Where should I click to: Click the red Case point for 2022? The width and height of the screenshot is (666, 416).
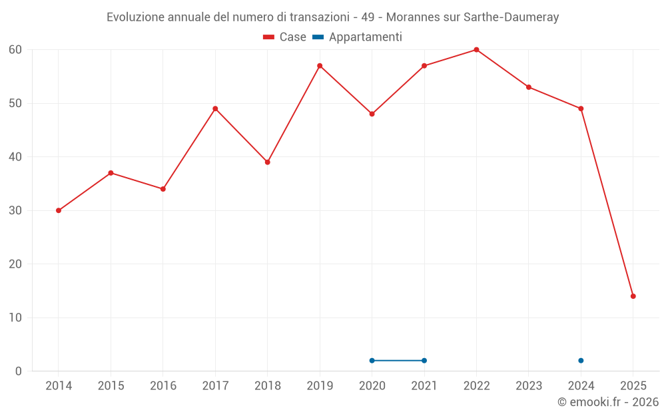point(476,50)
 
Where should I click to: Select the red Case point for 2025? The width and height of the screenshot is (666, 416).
point(633,296)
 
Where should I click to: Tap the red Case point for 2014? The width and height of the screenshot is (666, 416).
point(59,210)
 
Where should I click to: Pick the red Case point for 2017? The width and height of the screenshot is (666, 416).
point(215,108)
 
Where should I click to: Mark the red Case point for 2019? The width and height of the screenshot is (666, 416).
point(320,66)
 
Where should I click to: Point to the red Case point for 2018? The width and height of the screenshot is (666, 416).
point(268,162)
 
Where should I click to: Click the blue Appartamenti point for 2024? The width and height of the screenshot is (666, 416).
point(581,361)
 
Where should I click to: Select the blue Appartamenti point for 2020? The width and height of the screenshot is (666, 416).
point(372,361)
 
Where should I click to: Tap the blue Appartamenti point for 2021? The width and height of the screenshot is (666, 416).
point(424,361)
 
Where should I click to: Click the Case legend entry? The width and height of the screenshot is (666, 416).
point(285,37)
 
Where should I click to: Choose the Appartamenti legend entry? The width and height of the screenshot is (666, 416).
point(358,37)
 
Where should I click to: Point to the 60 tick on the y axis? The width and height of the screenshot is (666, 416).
point(15,50)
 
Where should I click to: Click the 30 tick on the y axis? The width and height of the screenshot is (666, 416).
point(15,210)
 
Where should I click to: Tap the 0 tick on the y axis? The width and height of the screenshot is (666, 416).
point(19,371)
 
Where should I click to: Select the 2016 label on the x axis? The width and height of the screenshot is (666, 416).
point(163,386)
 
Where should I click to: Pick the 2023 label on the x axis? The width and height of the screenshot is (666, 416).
point(529,386)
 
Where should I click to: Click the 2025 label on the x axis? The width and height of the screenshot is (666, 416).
point(633,386)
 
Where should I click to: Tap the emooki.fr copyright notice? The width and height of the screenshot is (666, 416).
point(607,402)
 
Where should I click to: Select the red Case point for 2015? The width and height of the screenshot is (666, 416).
point(111,173)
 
